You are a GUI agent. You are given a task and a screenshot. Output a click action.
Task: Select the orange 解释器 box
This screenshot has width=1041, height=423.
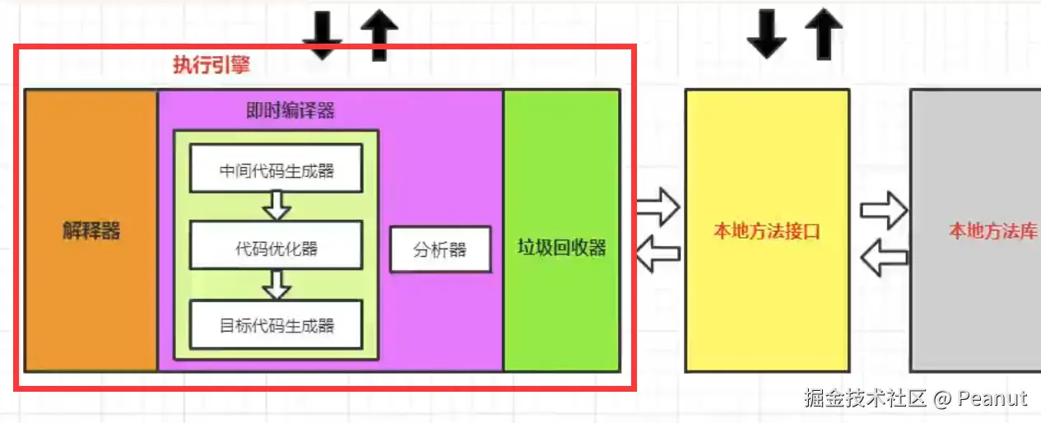91,230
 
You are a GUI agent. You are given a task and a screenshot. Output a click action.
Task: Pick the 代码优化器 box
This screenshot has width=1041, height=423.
277,248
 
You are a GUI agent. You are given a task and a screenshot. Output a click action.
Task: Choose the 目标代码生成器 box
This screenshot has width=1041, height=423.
277,325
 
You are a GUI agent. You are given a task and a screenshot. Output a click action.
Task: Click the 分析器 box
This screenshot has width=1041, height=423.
440,249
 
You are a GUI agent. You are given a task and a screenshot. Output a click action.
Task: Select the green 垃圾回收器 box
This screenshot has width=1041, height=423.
561,248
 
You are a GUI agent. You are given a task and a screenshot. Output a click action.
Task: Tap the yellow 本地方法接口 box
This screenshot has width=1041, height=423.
766,231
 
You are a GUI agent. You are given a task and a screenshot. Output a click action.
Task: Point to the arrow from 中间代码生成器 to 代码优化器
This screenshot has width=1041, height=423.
277,205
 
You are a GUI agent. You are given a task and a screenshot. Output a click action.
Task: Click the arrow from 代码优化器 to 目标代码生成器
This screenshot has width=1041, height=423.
277,284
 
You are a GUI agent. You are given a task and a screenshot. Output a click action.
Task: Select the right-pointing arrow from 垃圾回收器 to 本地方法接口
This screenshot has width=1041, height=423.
658,207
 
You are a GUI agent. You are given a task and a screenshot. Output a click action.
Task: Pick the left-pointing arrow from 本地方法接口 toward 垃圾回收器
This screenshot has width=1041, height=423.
658,253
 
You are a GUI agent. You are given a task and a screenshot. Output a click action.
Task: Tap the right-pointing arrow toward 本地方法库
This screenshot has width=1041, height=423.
884,211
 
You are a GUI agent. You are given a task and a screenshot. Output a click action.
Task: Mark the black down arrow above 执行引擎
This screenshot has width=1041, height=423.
322,36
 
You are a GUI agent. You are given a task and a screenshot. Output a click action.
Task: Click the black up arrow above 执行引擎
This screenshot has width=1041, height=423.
379,36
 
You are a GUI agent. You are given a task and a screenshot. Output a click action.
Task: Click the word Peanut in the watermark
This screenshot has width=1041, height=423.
993,398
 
